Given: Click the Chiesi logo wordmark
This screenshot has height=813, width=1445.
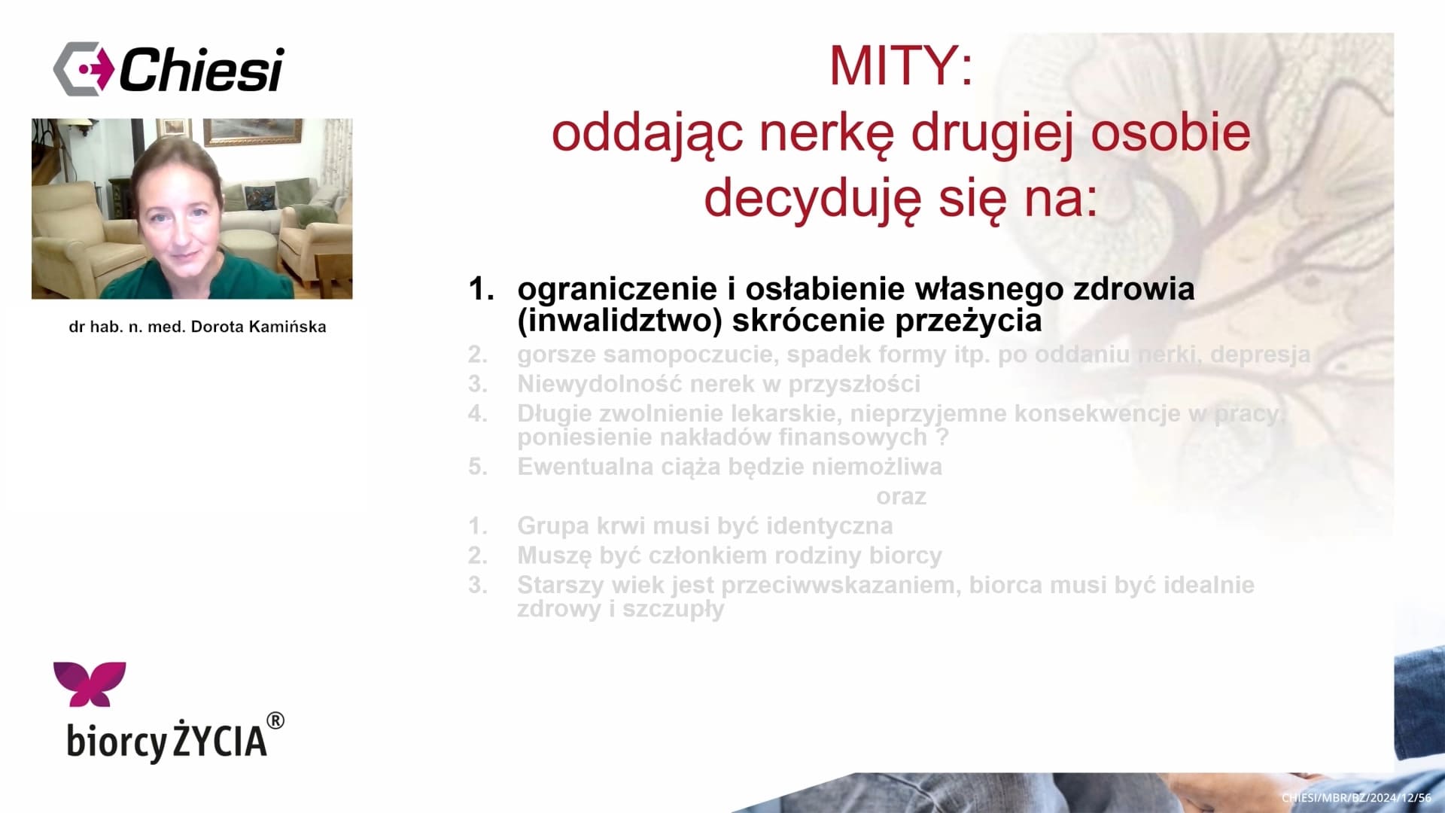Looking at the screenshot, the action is pos(201,70).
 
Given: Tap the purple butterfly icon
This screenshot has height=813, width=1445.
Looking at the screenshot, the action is pos(90,684).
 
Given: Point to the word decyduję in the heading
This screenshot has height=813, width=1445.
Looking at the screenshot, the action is pos(812,199).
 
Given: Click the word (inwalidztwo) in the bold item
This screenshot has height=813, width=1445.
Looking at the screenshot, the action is pos(620,321).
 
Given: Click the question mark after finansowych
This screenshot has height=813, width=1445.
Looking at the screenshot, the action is pos(942,437).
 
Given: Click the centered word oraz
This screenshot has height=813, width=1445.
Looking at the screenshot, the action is pos(901,497).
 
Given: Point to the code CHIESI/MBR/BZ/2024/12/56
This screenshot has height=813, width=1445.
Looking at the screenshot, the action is pos(1356,797).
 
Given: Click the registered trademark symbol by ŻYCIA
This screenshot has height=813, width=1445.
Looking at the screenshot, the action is pos(275,720).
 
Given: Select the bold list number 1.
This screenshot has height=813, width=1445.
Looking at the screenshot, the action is pos(481,289).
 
